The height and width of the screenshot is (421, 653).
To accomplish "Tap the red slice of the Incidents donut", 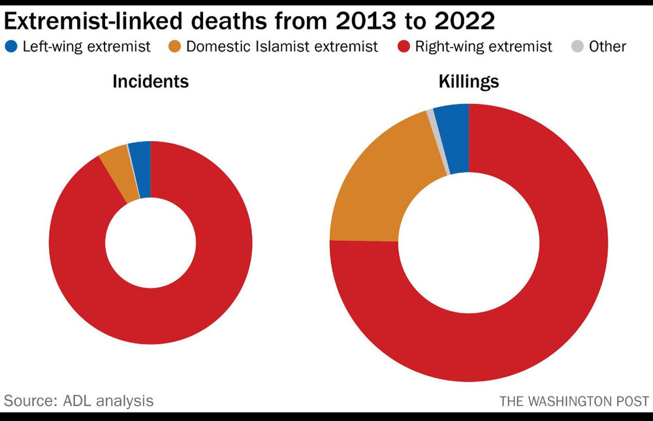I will coord(150,313).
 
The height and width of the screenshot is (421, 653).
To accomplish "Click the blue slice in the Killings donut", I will coord(455,138).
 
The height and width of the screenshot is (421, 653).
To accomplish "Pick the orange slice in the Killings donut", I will coord(372,189).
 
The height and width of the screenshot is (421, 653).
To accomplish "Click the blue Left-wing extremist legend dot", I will coord(12,46).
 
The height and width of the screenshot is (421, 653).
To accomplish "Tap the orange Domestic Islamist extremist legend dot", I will coord(174,46).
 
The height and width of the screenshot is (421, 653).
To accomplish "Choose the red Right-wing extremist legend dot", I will coord(404,46).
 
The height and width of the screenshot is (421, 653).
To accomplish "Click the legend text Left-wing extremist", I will coord(87,46).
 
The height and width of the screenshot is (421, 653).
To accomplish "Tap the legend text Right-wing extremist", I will coord(483,46).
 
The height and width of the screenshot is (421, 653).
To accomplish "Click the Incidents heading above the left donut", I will coord(151,82).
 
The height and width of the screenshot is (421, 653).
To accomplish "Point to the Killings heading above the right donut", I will coord(469,82).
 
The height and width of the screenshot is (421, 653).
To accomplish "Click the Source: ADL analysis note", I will coord(79,399).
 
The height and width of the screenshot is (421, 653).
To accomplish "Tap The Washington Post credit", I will coord(575,401).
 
